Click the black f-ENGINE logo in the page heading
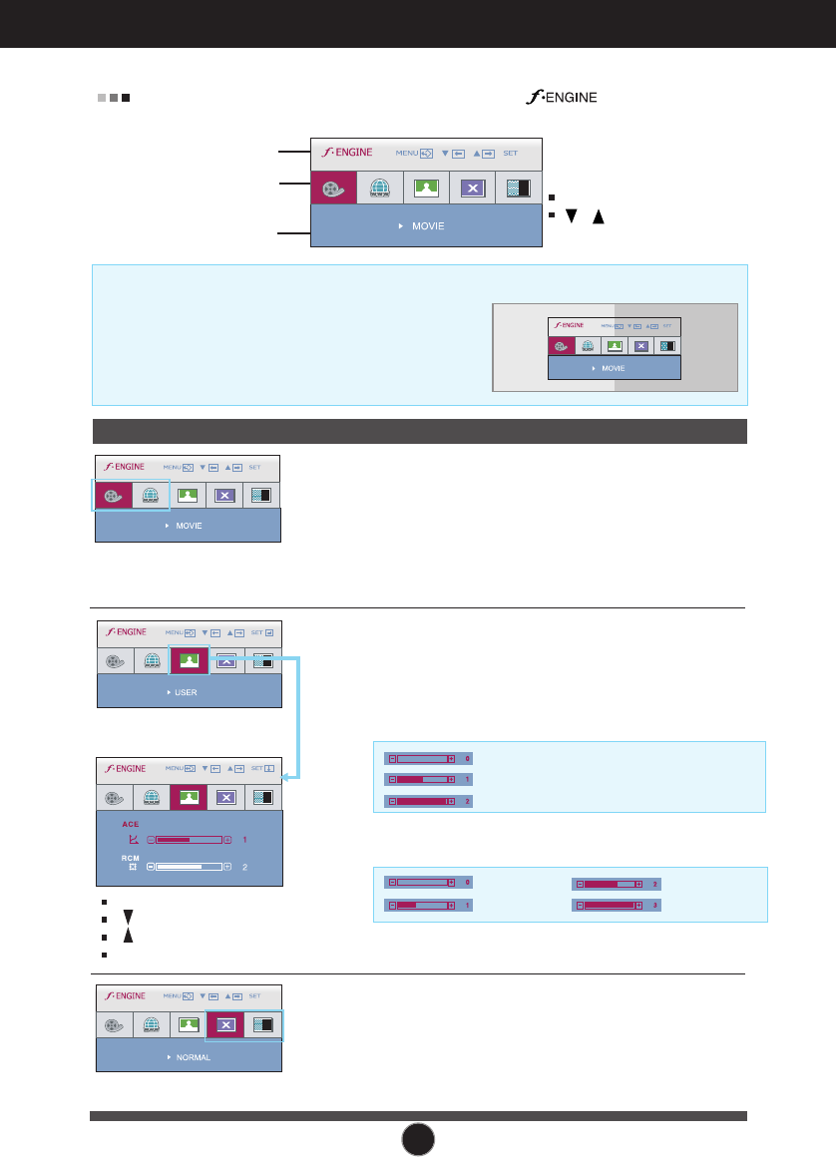[556, 98]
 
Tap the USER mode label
[186, 691]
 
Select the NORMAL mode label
[193, 1056]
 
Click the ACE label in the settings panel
[130, 825]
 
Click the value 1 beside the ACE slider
[244, 840]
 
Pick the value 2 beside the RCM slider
[244, 868]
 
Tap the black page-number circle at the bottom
[418, 1136]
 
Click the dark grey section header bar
[419, 431]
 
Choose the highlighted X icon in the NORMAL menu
[224, 1025]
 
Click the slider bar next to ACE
[189, 840]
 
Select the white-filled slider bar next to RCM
[189, 868]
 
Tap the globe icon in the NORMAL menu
[152, 1025]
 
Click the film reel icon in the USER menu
[116, 660]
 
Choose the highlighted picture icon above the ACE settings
[188, 797]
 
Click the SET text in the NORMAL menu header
[254, 996]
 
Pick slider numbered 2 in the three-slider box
[420, 801]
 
